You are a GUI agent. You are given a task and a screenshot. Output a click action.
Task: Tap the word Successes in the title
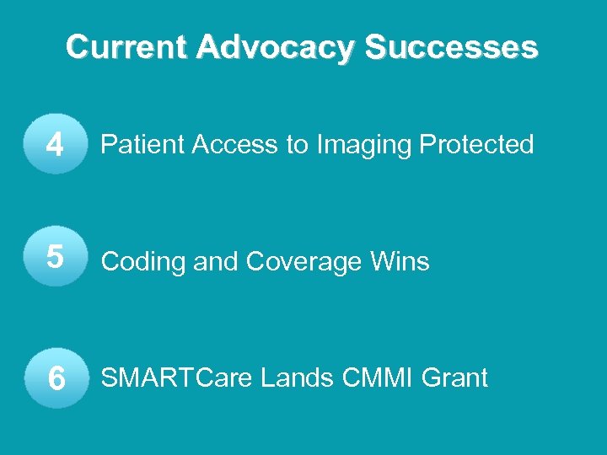pos(452,47)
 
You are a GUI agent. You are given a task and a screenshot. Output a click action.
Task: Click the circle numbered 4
pos(56,146)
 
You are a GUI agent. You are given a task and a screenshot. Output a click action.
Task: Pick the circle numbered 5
pos(56,258)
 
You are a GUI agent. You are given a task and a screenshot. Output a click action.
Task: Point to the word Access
pos(238,145)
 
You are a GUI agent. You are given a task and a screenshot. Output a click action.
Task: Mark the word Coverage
pos(307,263)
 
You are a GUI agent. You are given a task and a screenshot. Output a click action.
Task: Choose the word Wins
pos(402,262)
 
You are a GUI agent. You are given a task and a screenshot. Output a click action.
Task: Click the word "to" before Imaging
pos(298,145)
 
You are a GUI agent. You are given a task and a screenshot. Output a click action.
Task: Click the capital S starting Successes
pos(375,47)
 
